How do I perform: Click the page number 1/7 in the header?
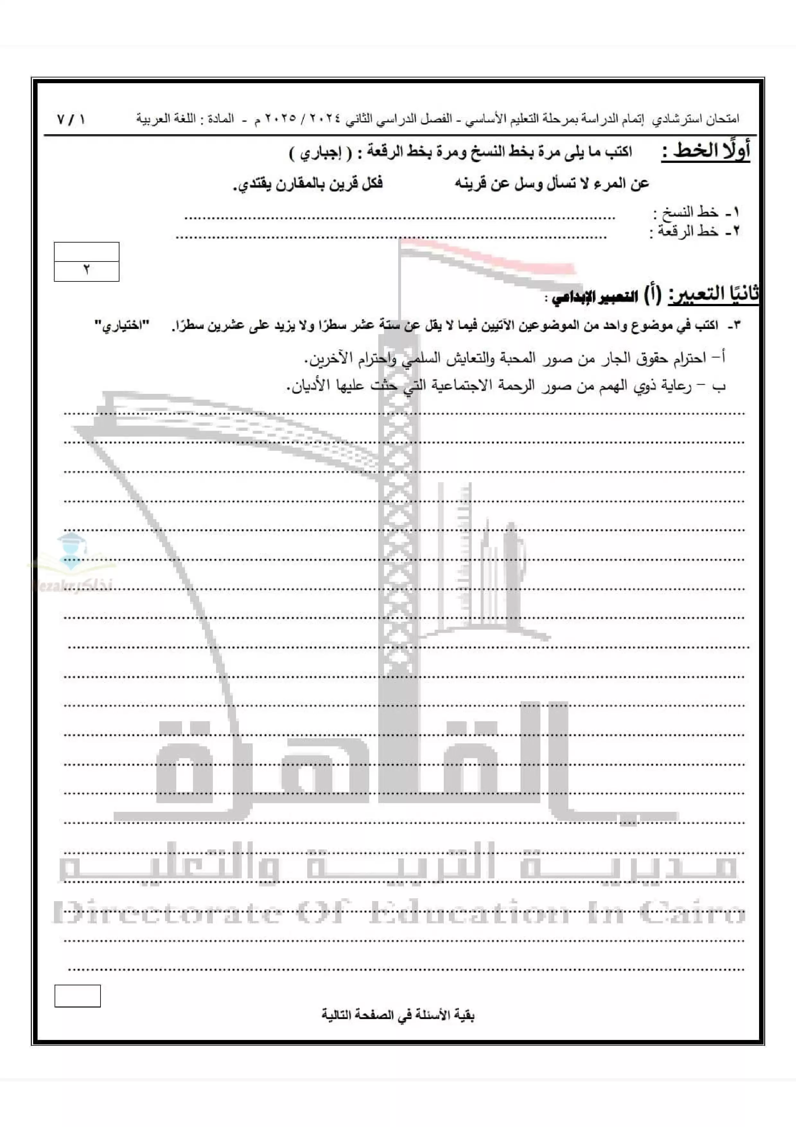(71, 119)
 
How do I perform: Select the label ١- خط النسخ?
(695, 213)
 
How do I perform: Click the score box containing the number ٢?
(86, 271)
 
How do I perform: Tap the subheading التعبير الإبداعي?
(594, 297)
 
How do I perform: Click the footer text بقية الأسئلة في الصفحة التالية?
(398, 1015)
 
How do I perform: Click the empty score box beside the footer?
(77, 996)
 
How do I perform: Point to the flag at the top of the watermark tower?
(485, 262)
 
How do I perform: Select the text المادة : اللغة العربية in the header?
(185, 119)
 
